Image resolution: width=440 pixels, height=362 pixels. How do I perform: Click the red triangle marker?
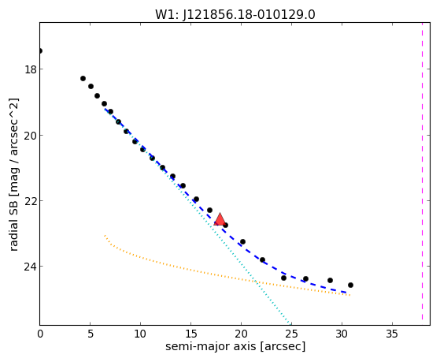(220, 220)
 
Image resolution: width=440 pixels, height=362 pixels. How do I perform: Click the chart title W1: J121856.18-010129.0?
(235, 15)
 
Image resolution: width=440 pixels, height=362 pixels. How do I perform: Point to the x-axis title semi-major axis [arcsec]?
(235, 345)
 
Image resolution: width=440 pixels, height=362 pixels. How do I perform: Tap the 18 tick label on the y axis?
(31, 69)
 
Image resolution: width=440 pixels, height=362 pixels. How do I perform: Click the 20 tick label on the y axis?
(31, 136)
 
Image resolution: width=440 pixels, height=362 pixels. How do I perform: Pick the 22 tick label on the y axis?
(31, 201)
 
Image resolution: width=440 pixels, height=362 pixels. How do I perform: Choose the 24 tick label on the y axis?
(31, 267)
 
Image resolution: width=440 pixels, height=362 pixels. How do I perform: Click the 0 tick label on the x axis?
(40, 334)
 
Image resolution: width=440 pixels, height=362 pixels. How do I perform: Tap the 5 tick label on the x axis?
(90, 334)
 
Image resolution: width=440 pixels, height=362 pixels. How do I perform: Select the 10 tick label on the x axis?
(140, 334)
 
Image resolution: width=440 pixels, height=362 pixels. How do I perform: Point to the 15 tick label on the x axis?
(190, 334)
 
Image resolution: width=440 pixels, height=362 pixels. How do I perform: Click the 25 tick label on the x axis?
(291, 334)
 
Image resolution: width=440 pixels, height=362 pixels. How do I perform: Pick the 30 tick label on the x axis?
(342, 334)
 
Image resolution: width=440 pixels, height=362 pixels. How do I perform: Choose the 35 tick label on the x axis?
(392, 334)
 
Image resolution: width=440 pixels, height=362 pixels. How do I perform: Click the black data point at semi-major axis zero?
(40, 51)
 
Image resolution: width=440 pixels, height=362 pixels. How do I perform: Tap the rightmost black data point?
(350, 285)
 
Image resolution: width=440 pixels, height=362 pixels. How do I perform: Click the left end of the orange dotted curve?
(105, 236)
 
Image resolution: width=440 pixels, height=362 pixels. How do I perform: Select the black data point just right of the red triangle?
(225, 225)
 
